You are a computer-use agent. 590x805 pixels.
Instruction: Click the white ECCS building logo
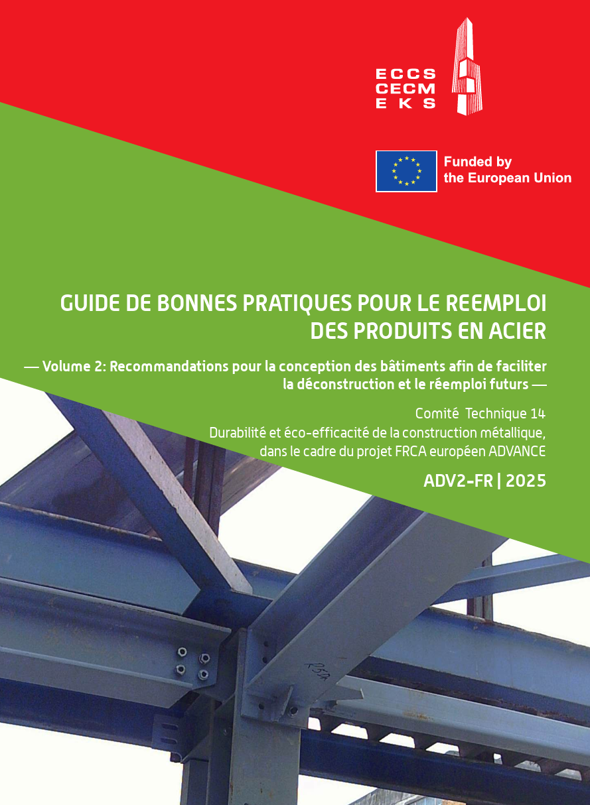point(467,66)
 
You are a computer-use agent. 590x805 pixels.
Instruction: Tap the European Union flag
point(406,171)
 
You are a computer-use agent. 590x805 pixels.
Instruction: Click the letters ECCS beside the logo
point(406,74)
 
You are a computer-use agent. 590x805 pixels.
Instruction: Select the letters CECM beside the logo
point(406,89)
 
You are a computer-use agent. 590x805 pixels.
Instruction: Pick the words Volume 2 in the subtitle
point(72,367)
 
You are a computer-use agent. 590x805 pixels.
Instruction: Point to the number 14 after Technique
point(538,414)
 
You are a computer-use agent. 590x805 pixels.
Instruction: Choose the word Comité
point(437,414)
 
